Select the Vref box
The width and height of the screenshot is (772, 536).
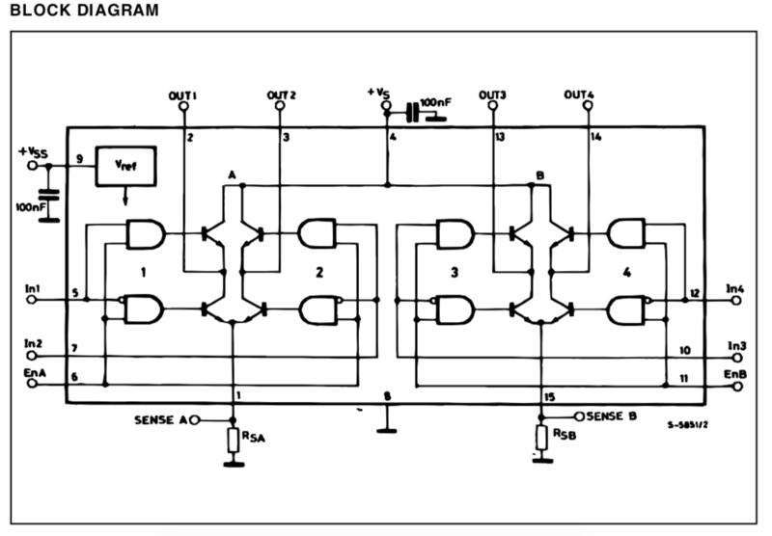(124, 167)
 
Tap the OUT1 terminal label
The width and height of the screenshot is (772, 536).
(182, 94)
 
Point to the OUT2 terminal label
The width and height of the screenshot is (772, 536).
(281, 94)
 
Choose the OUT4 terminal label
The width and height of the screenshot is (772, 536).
(579, 94)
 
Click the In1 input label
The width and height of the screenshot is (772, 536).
(33, 288)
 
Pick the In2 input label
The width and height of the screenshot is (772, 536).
(33, 343)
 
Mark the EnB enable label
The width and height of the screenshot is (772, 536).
(735, 371)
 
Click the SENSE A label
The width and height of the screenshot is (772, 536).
(160, 420)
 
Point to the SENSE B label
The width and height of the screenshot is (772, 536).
(612, 415)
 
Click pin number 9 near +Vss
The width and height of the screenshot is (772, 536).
(79, 157)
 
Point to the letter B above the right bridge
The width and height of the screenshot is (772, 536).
(540, 174)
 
